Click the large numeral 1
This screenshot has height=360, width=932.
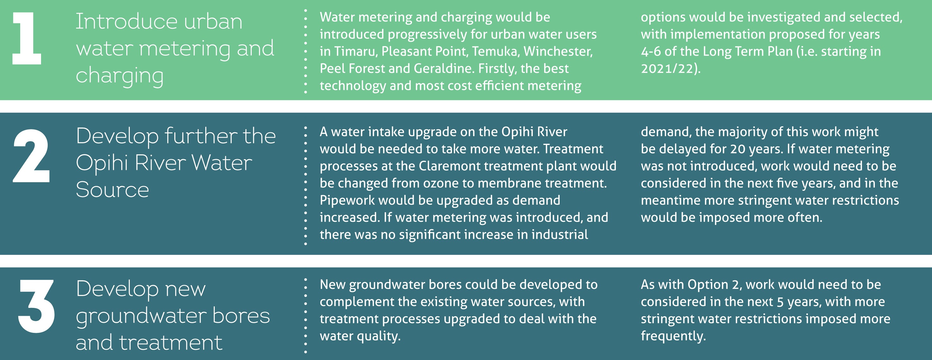[27, 38]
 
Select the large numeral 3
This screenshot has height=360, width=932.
[37, 306]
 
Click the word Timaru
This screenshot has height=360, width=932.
[356, 51]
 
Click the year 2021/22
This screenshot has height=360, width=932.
[670, 69]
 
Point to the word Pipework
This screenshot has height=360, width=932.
[346, 201]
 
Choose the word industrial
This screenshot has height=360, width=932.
[559, 234]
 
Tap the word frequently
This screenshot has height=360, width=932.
[673, 336]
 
